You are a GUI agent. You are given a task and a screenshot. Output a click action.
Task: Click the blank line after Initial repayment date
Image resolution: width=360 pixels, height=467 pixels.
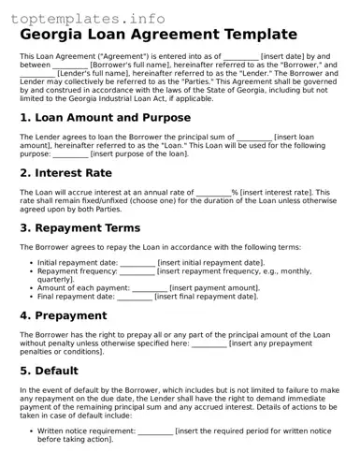(137, 263)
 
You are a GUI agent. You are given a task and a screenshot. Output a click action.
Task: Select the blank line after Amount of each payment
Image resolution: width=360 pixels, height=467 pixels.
(151, 288)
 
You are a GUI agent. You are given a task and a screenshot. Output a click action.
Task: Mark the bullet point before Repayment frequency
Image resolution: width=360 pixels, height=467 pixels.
(30, 271)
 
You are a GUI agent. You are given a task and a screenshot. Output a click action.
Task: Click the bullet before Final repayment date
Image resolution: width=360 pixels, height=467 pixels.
(30, 297)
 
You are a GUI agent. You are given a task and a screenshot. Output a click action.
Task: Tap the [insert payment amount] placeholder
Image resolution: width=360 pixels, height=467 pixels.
(216, 288)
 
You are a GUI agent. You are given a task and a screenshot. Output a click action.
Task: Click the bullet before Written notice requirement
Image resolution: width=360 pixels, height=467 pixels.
(30, 431)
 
